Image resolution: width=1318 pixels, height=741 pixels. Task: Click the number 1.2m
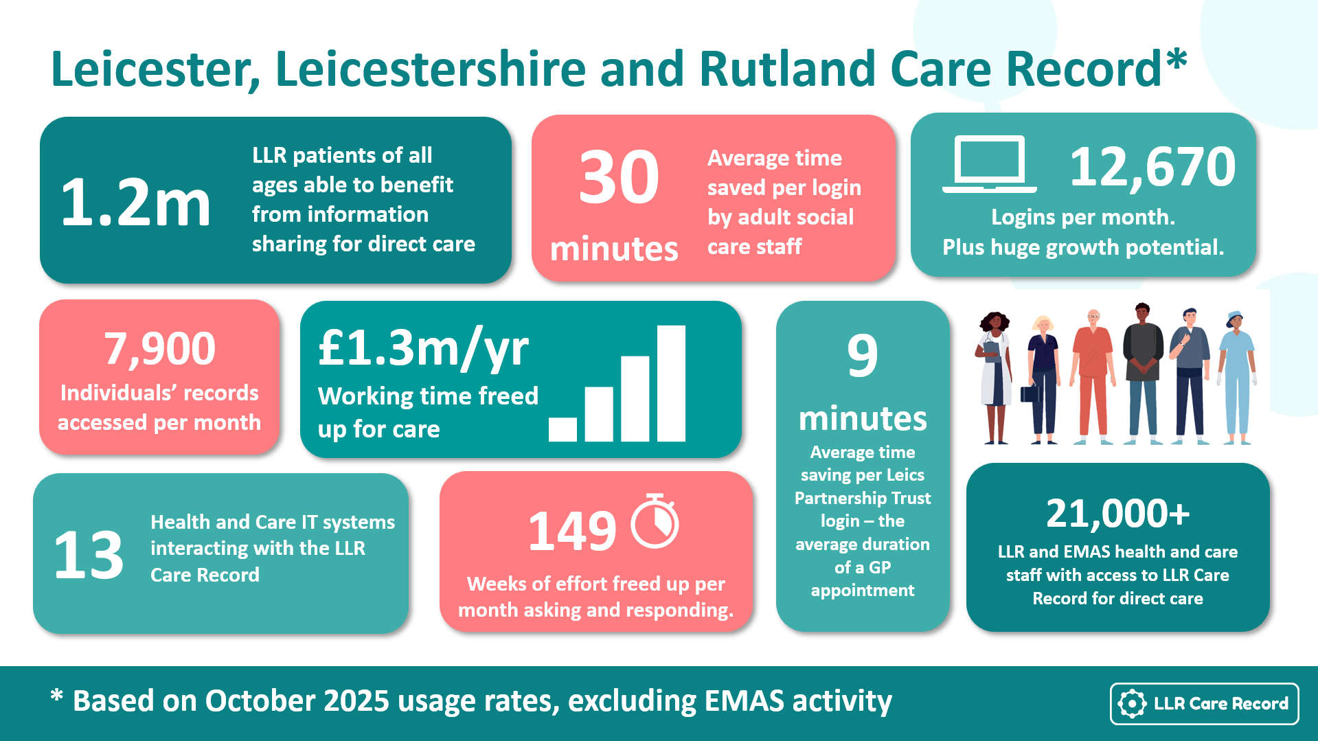135,202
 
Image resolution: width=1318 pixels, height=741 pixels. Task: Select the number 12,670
1152,166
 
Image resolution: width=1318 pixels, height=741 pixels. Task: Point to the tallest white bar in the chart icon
671,383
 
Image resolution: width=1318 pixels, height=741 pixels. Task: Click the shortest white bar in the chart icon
563,429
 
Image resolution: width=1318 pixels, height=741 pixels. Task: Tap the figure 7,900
159,350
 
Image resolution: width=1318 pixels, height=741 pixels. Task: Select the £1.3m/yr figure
423,349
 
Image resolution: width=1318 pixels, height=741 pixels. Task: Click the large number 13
89,554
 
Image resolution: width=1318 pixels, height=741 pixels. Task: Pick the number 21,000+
1117,514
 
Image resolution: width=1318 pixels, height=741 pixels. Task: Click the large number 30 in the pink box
618,177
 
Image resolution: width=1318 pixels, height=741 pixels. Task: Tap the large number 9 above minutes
863,355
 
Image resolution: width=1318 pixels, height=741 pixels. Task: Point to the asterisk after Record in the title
1177,58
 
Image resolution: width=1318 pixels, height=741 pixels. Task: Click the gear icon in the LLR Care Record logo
1132,703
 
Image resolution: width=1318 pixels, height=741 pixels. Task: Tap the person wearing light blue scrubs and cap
1237,377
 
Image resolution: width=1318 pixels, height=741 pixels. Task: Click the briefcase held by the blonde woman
1030,394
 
